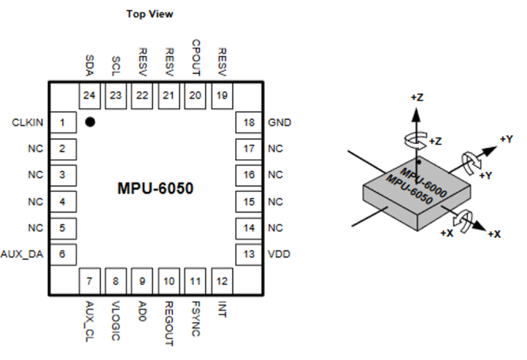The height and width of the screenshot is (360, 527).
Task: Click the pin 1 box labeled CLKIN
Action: (64, 123)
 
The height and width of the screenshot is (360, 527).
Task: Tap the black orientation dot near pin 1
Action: (90, 122)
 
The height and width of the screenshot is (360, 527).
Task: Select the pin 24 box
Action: (89, 94)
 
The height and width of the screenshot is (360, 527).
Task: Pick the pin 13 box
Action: (247, 253)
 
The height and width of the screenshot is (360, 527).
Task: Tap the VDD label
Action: (278, 253)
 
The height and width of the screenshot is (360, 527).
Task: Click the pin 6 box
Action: (64, 254)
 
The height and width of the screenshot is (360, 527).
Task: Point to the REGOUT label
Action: (169, 316)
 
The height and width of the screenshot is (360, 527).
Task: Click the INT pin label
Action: (222, 305)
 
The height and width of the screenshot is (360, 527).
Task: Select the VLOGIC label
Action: (116, 314)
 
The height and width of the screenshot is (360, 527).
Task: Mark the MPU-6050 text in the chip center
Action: (155, 188)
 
